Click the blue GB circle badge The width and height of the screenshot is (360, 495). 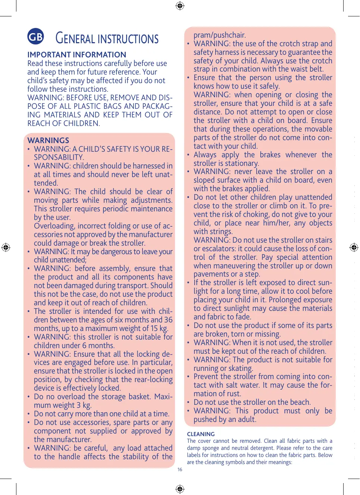pos(35,37)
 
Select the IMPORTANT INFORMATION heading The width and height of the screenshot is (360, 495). pos(76,54)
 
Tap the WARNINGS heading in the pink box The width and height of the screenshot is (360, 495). pos(48,141)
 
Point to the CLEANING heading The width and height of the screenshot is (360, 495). pos(201,434)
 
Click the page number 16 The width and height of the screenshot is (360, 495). pos(180,470)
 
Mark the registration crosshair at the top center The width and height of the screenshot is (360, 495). pos(180,6)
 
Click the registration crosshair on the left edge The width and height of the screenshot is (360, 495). pos(6,247)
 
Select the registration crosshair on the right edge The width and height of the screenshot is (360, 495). pos(354,247)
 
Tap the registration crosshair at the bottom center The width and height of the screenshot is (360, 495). pos(180,489)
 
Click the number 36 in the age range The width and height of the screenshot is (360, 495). pos(168,320)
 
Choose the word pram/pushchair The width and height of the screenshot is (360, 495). pos(219,35)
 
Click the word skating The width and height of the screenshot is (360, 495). pos(241,368)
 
